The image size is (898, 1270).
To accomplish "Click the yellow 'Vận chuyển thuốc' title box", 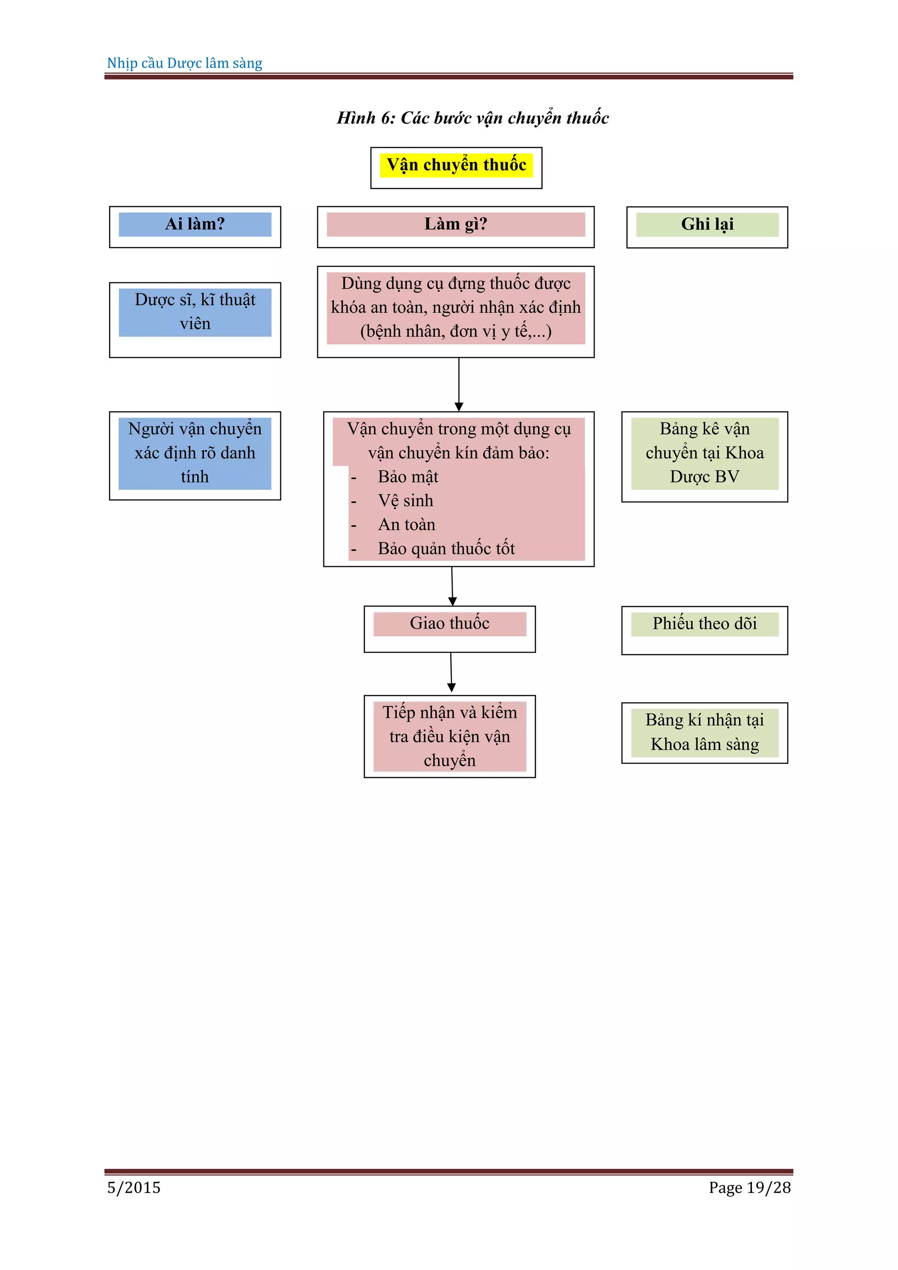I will tap(456, 166).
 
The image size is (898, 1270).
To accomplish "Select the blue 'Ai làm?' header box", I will tap(195, 225).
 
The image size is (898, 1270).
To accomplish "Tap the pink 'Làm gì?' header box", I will tap(456, 225).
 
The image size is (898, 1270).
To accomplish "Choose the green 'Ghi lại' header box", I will tap(707, 225).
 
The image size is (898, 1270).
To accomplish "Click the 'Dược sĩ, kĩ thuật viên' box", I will tap(195, 313).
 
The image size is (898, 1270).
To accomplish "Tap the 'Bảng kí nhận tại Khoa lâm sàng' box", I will tap(705, 732).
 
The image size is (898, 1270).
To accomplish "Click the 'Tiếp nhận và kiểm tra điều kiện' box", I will tap(449, 736).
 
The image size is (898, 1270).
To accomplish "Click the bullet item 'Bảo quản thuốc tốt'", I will tap(445, 549).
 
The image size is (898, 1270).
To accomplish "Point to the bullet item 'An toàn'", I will tap(406, 525).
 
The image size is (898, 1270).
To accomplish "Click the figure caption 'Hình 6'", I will tap(473, 118).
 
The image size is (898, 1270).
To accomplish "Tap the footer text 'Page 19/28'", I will tap(749, 1188).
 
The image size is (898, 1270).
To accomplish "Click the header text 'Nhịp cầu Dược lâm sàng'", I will tap(185, 63).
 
